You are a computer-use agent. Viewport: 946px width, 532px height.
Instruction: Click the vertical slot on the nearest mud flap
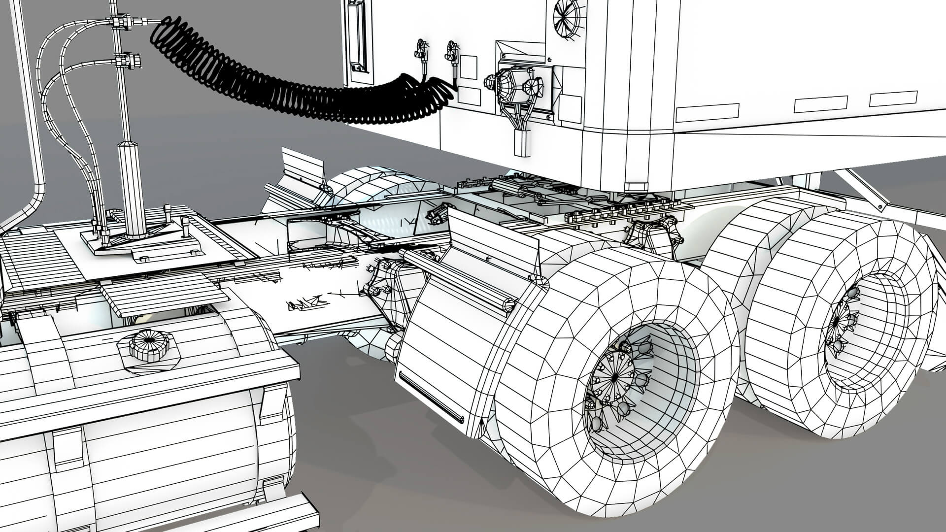coord(431,397)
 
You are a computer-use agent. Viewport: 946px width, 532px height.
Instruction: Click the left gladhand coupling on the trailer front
coord(421,49)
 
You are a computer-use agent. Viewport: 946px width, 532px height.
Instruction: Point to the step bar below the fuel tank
coord(286,512)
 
